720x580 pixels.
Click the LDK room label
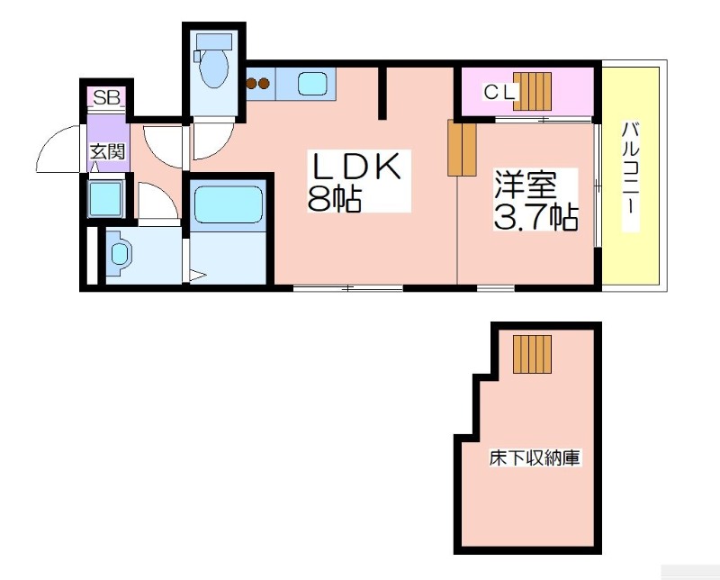coord(356,166)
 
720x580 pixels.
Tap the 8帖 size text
coord(335,198)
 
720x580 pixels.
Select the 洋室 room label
coord(525,185)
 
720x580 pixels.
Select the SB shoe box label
coord(107,97)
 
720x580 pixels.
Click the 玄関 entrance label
coord(107,151)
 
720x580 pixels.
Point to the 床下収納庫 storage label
coord(535,458)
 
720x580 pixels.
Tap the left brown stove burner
coord(251,84)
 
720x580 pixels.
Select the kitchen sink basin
coord(312,84)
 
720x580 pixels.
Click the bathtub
coord(229,204)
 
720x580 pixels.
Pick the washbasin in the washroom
coord(120,253)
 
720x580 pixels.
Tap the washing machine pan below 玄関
coord(106,199)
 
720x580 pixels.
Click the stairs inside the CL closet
coord(532,91)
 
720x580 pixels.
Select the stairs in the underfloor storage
coord(532,354)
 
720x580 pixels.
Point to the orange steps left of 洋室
coord(462,148)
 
